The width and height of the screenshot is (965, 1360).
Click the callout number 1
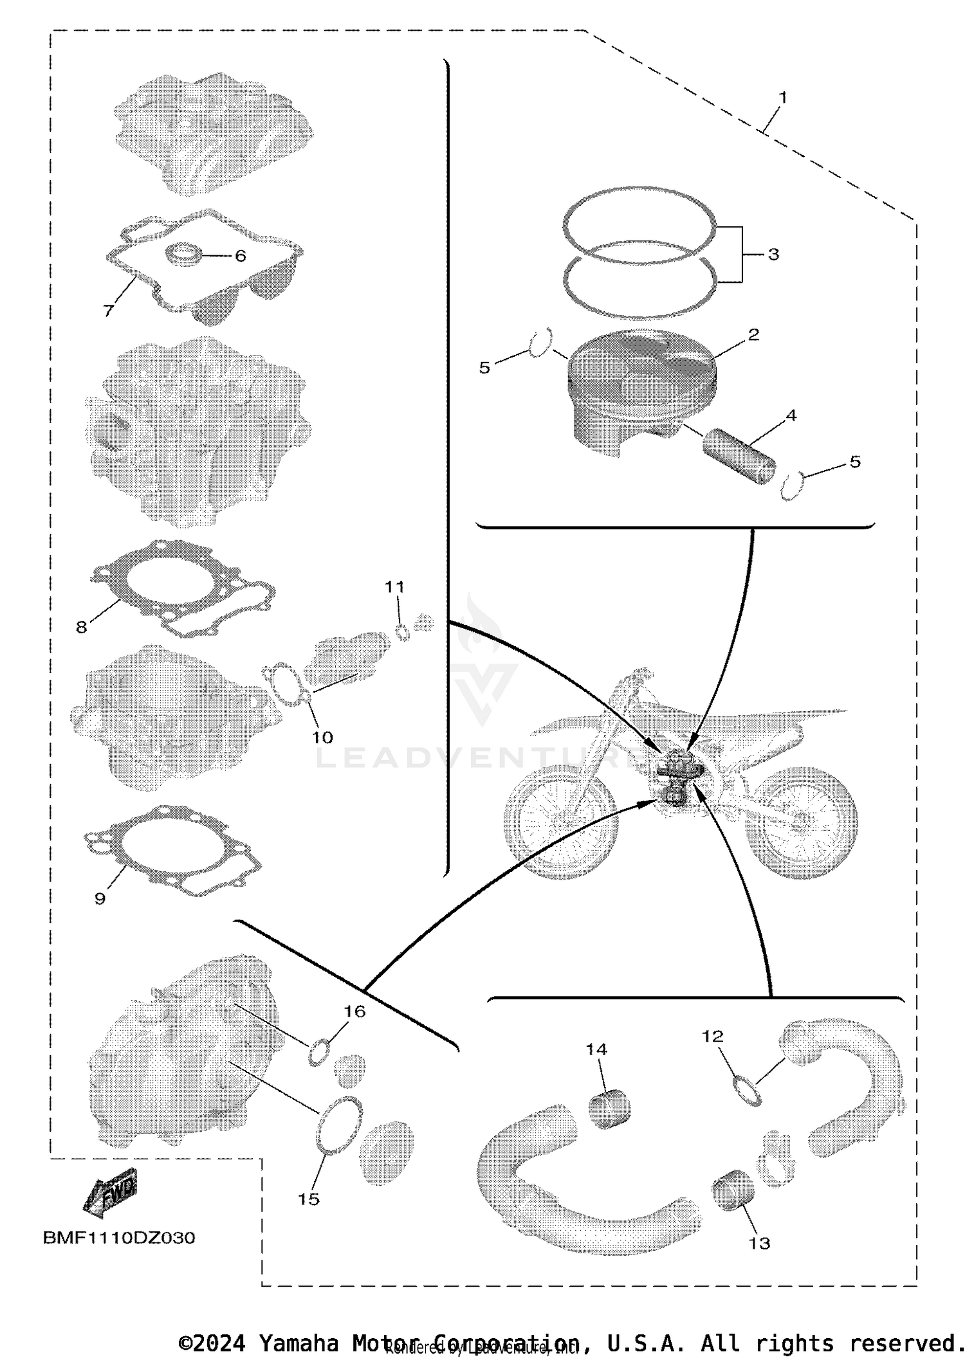(782, 98)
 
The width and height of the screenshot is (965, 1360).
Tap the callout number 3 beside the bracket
(773, 254)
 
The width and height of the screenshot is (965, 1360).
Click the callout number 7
(109, 310)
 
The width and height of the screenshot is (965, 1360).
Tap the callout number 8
(82, 626)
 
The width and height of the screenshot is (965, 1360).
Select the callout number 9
(100, 898)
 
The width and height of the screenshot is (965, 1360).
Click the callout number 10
(322, 737)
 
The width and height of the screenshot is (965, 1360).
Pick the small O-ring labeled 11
(403, 633)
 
